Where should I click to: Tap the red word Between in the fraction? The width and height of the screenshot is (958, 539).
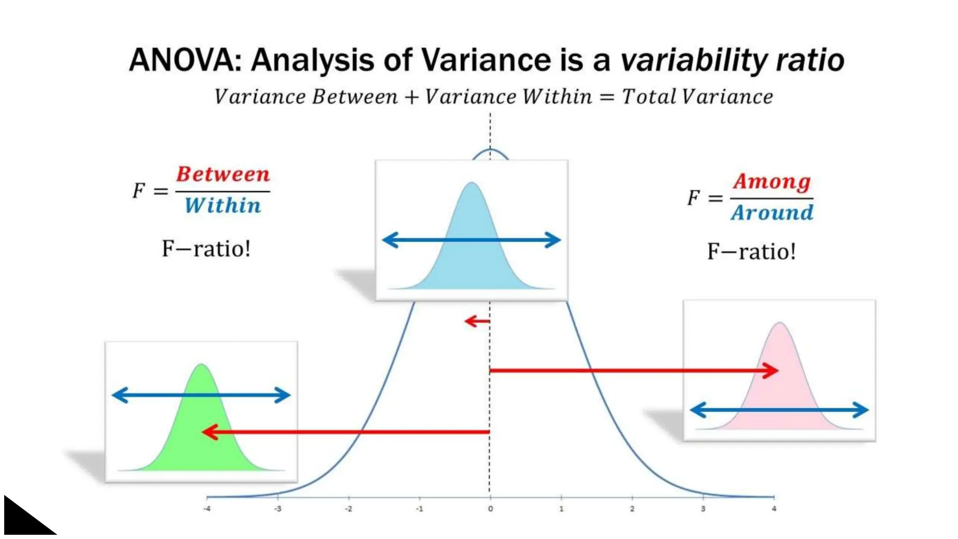pos(223,175)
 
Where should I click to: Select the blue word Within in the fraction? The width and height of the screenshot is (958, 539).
pos(223,206)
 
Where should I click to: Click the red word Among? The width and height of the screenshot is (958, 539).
pos(772,182)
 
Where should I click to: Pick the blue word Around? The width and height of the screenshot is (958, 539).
pos(772,213)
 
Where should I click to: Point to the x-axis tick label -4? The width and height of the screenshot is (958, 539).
pos(207,509)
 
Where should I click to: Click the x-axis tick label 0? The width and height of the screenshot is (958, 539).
pos(490,509)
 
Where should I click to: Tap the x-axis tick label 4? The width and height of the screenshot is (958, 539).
pos(774,509)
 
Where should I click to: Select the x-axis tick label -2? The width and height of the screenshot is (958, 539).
pos(348,509)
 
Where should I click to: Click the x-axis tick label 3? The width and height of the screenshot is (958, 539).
pos(703,509)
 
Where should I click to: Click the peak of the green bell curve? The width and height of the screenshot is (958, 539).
pos(201,364)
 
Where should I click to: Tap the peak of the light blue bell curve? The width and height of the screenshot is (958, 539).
pos(472,183)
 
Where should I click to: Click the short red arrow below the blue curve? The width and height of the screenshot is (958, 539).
pos(477,321)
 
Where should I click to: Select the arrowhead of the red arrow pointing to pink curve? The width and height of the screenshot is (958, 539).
pos(772,371)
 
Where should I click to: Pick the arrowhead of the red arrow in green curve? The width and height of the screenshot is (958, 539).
pos(209,432)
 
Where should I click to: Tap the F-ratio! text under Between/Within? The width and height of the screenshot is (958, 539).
pos(206,248)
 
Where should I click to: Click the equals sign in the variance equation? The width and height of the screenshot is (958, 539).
pos(607,97)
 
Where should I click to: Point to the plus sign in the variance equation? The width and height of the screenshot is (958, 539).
pos(411,97)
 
